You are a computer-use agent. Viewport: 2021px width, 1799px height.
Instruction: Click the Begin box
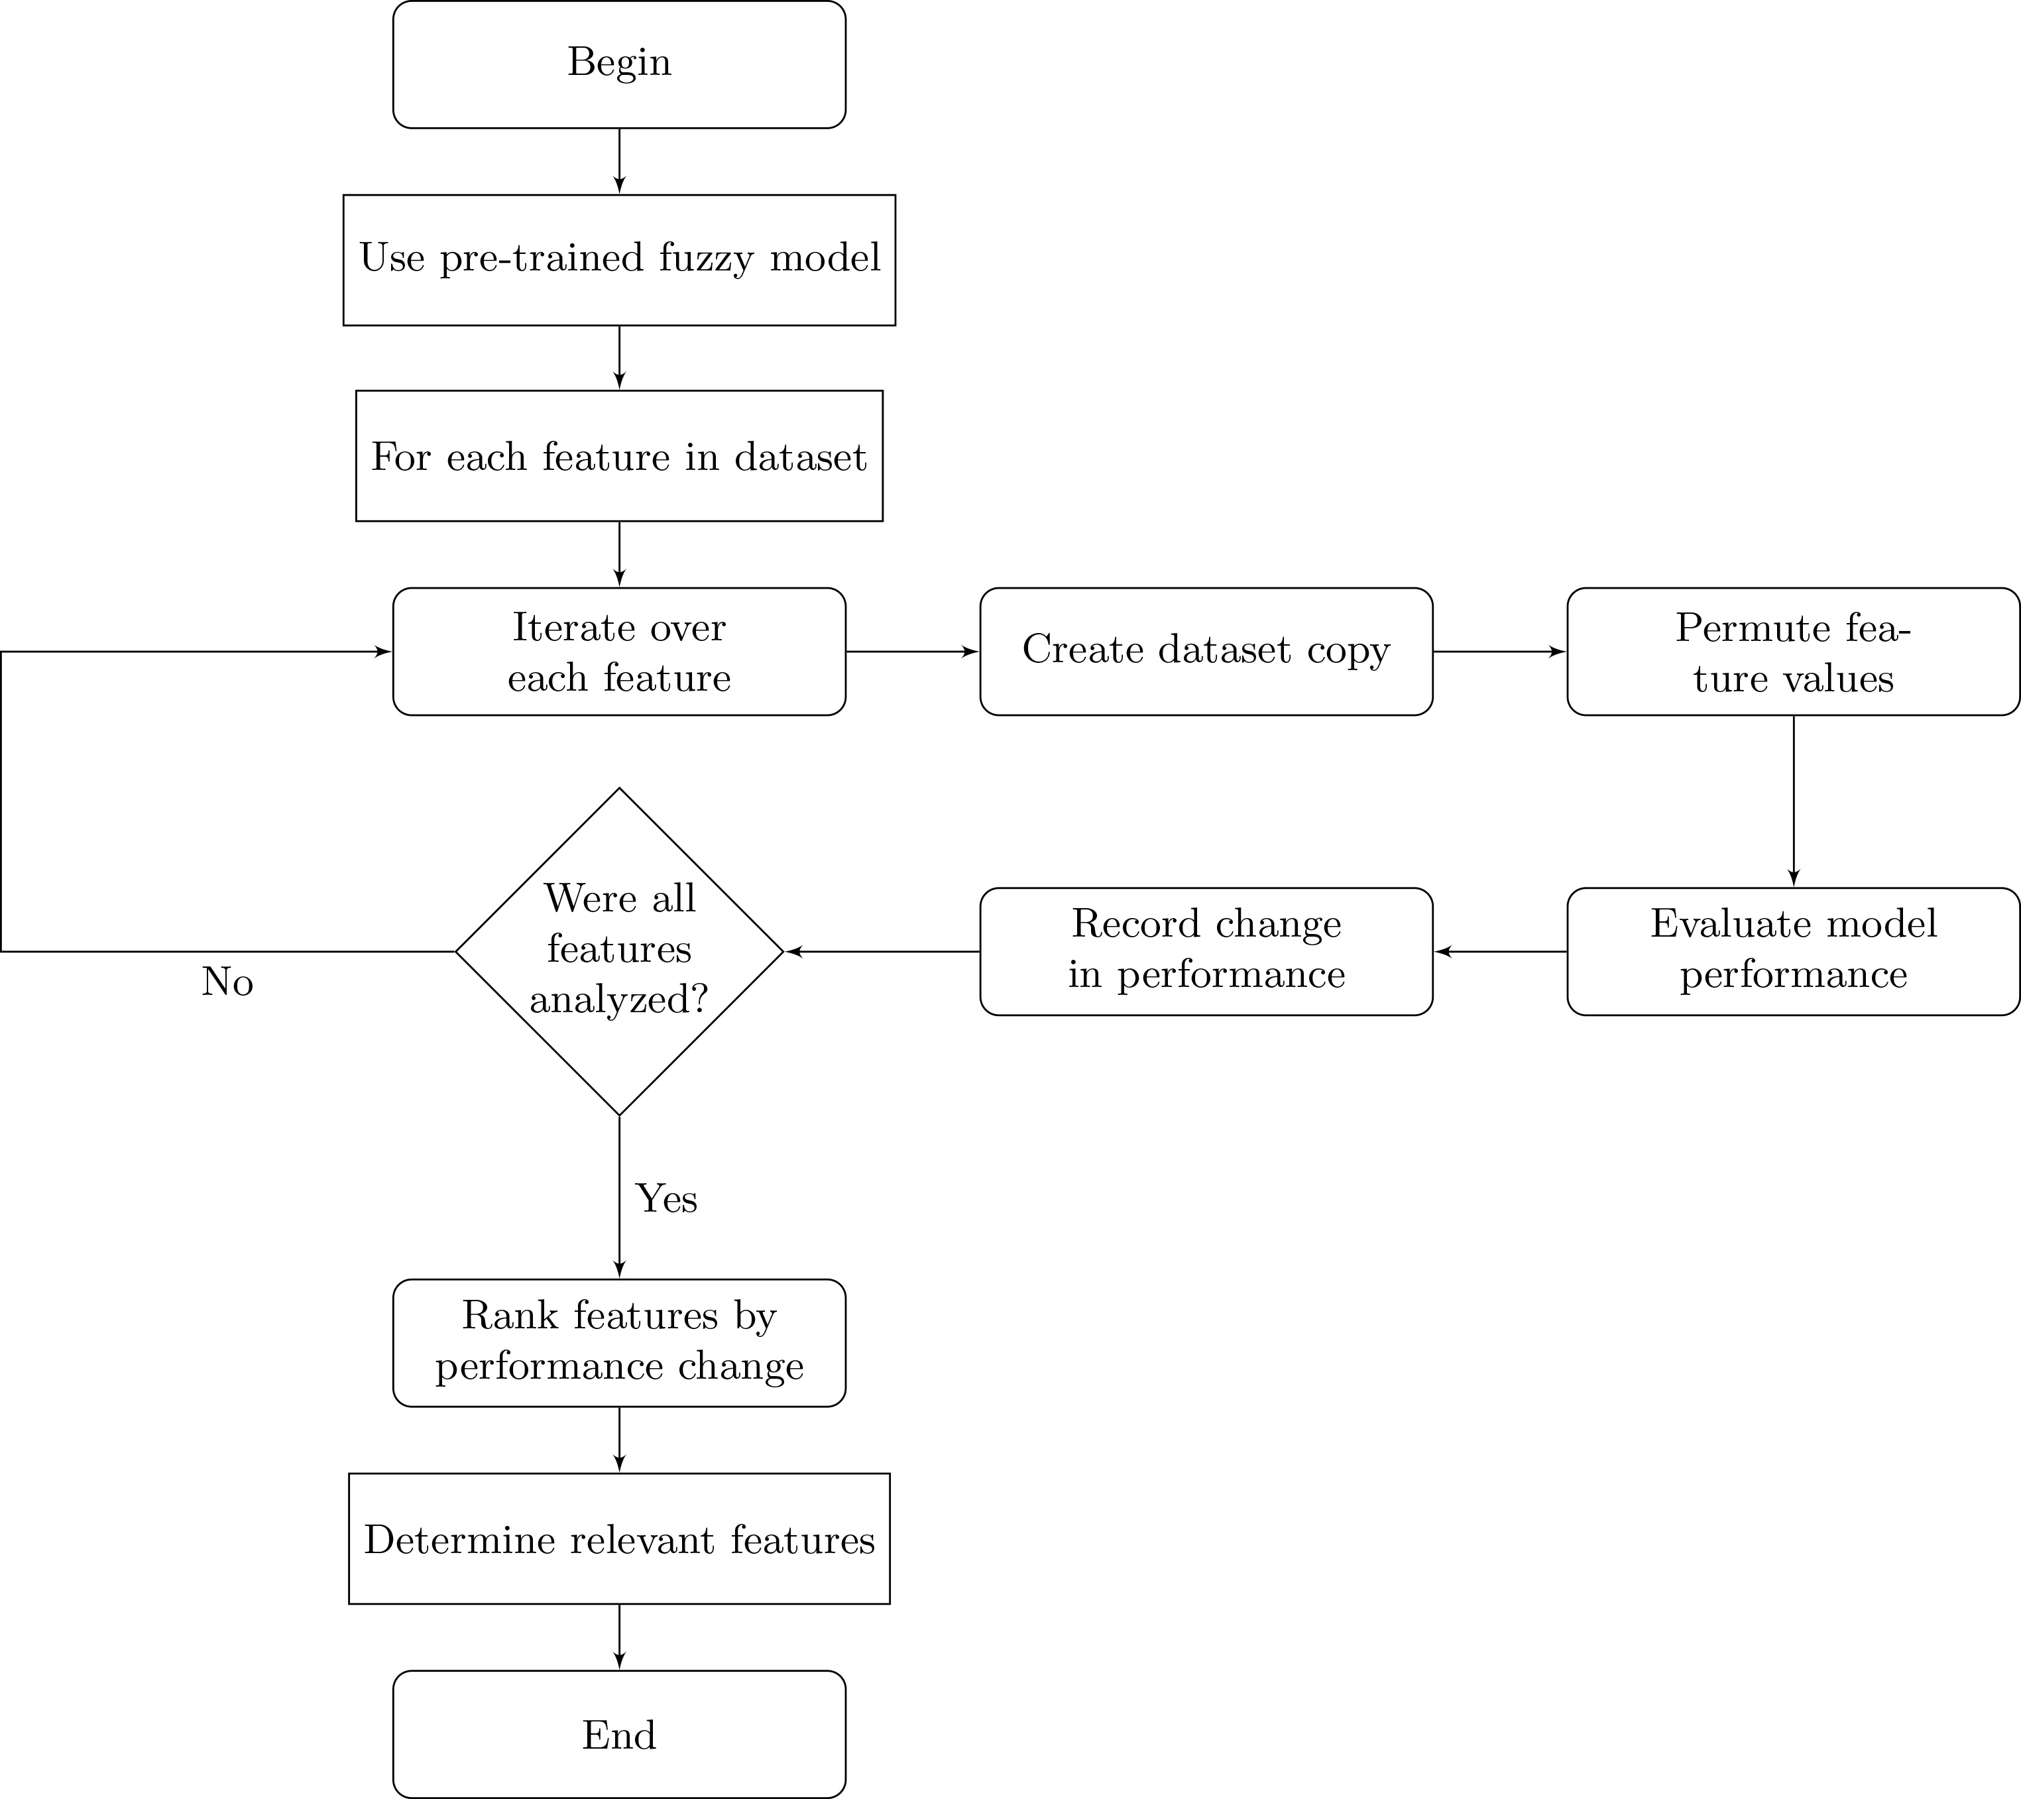click(x=619, y=64)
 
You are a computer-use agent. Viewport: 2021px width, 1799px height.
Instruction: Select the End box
click(x=619, y=1734)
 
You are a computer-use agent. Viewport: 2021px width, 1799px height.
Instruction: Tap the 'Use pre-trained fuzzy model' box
click(x=619, y=260)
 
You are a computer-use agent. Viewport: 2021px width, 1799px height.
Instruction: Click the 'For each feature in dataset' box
click(x=619, y=456)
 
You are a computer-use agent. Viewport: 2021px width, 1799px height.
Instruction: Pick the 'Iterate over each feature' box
click(x=619, y=652)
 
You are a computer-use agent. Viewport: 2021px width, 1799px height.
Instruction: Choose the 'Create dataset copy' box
click(x=1206, y=652)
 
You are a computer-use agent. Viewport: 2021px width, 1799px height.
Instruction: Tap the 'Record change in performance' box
click(x=1206, y=951)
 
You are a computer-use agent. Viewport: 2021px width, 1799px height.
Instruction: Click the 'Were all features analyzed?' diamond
click(x=619, y=951)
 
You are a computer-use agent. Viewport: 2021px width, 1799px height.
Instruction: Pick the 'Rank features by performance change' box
click(x=619, y=1343)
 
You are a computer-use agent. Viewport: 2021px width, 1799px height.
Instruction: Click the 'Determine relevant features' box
click(x=619, y=1539)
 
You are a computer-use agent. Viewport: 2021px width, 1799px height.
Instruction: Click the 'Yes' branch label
click(x=666, y=1198)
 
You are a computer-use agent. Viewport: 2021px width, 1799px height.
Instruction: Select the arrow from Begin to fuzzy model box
click(x=619, y=161)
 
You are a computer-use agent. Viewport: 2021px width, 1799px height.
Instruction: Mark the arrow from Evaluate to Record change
click(x=1500, y=951)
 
